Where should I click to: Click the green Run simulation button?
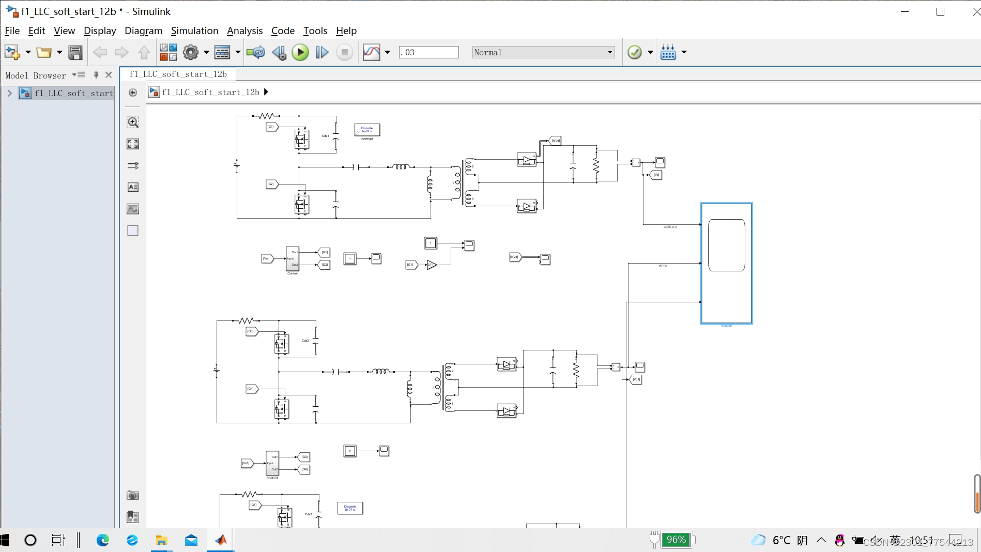(x=300, y=52)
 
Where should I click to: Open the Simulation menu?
(x=194, y=30)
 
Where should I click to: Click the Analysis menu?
(x=244, y=30)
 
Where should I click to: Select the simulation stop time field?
(x=428, y=52)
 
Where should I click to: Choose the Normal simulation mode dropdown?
(x=543, y=52)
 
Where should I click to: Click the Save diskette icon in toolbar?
(x=75, y=52)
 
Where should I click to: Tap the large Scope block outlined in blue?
(x=726, y=264)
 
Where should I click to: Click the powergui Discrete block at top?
(x=367, y=130)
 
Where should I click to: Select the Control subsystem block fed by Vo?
(x=293, y=258)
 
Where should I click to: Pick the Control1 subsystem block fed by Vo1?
(x=272, y=463)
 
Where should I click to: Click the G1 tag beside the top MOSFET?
(x=271, y=127)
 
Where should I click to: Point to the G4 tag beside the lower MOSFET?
(x=251, y=389)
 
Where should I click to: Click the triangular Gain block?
(x=432, y=265)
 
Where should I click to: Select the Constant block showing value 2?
(x=350, y=451)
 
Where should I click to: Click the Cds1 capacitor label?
(x=326, y=136)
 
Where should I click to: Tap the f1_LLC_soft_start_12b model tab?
(x=178, y=74)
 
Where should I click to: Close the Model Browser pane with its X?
(x=109, y=75)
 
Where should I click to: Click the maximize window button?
(x=940, y=11)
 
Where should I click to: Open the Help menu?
(x=346, y=30)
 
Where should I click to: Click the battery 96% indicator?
(x=676, y=540)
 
